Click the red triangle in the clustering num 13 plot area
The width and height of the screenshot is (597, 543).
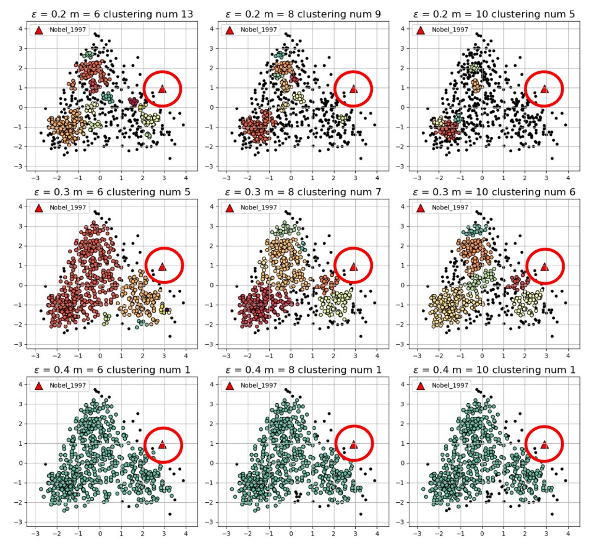162,89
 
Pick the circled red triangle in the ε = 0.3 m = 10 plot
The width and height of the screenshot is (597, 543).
544,267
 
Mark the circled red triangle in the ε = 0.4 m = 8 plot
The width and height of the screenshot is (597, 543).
353,444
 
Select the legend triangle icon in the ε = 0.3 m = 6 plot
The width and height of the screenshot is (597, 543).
38,208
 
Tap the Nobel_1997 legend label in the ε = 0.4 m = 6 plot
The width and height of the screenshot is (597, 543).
68,385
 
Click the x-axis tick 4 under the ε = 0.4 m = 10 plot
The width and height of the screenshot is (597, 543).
568,532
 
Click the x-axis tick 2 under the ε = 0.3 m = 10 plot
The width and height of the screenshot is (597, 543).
524,355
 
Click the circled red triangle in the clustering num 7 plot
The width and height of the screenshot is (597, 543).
353,267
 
